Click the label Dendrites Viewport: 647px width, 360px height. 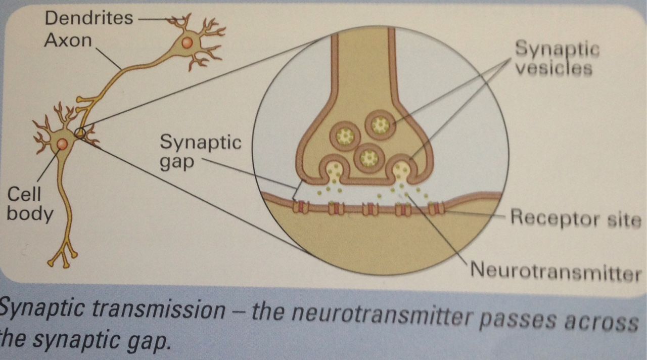point(88,18)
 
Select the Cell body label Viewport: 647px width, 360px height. point(29,205)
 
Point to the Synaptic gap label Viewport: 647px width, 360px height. point(201,152)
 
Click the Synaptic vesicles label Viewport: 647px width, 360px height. point(557,58)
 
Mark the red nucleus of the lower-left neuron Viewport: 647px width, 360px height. point(62,145)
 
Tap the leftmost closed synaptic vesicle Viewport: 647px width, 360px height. point(347,136)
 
